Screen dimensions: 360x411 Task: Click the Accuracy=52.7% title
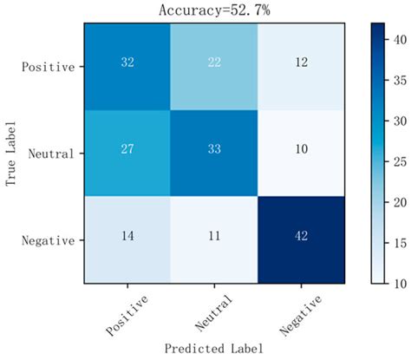(205, 10)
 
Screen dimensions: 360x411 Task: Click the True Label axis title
(10, 153)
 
